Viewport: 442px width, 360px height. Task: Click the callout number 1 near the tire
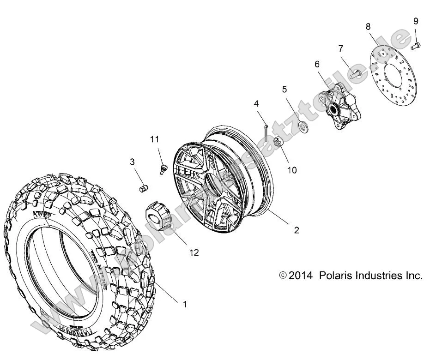[185, 305]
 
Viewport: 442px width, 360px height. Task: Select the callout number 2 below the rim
[297, 230]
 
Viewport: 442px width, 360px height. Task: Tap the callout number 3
[132, 162]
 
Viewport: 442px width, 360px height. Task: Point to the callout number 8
[368, 26]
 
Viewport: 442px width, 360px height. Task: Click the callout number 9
[416, 21]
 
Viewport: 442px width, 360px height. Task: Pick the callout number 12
[194, 252]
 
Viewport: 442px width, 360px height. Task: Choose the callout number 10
[291, 170]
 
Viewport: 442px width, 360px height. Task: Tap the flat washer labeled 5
[303, 126]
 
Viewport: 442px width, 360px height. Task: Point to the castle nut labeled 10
[279, 142]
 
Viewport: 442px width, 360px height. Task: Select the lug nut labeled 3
[143, 188]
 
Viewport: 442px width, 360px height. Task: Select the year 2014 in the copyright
[301, 276]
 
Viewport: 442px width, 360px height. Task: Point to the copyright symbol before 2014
[283, 276]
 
